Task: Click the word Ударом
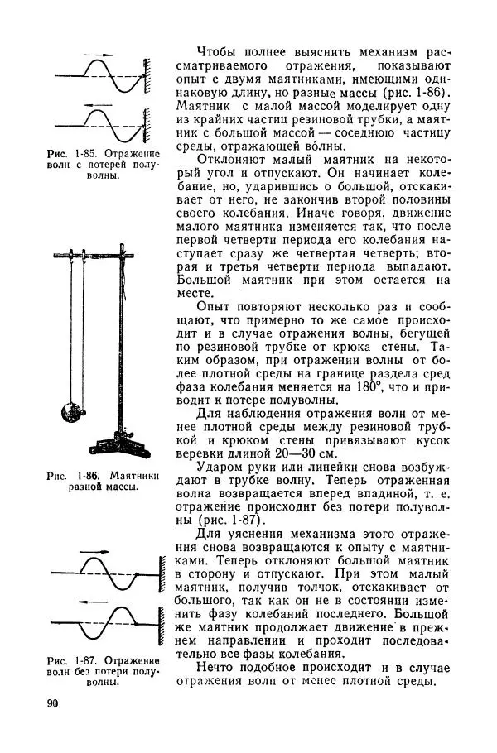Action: tap(217, 469)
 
